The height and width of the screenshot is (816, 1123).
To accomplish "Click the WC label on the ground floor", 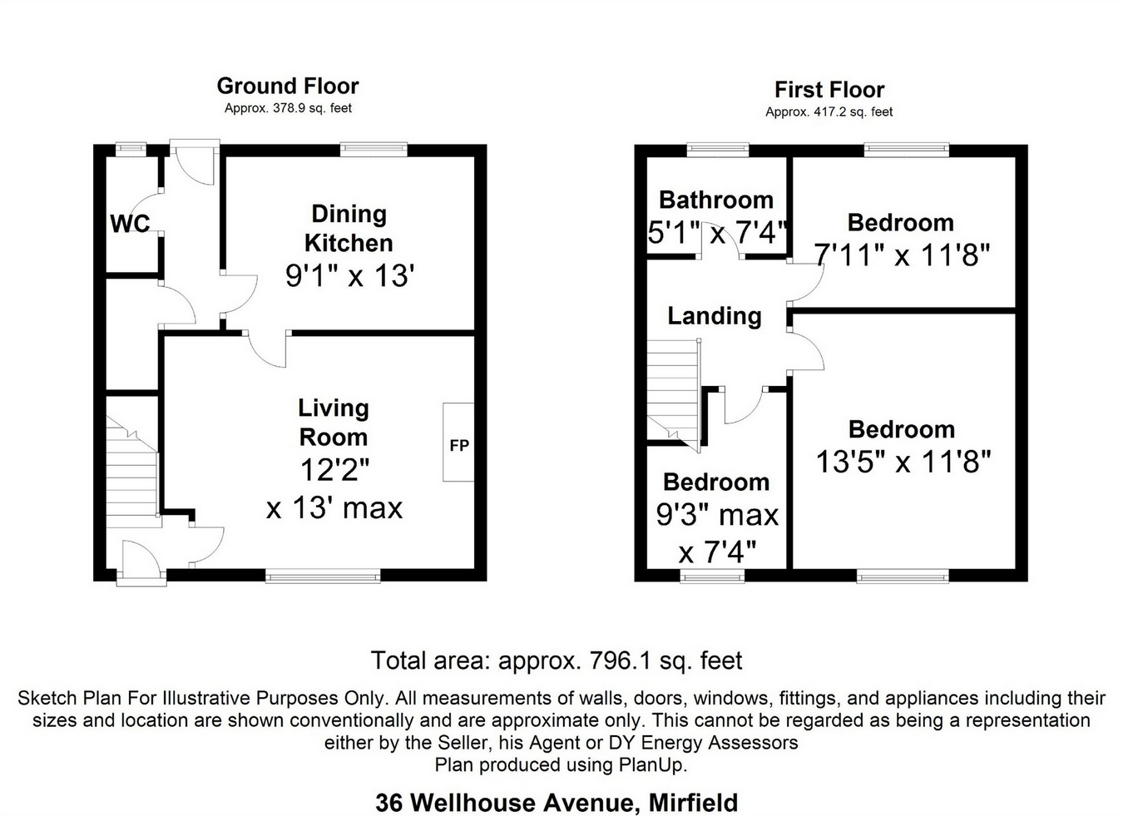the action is [x=130, y=223].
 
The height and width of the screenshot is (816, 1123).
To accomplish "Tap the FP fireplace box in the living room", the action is [x=458, y=442].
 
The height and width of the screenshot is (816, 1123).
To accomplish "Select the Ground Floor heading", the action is [x=288, y=87].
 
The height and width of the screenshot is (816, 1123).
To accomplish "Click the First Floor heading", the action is [x=829, y=90].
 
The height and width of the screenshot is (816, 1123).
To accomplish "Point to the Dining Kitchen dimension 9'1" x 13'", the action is [x=349, y=275].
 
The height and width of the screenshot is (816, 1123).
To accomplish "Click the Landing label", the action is [x=715, y=316].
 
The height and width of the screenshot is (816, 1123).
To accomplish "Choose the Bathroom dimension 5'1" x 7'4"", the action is [x=718, y=233].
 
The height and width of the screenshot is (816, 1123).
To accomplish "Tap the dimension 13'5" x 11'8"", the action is [x=903, y=461].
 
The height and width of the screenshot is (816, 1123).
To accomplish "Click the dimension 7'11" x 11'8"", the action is [x=902, y=255].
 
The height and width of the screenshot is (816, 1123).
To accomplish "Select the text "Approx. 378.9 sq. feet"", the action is [x=288, y=108].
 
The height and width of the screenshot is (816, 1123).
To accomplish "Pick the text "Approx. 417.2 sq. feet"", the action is [x=829, y=111].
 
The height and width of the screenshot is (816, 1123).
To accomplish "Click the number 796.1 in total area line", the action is [x=621, y=660].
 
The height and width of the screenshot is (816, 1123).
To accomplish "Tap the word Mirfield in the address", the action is [x=694, y=803].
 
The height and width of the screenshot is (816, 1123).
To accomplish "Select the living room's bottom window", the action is [x=323, y=576].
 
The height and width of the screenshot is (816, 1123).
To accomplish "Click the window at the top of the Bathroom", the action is [x=717, y=149].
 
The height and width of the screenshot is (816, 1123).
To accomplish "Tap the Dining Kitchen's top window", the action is [x=374, y=149].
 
